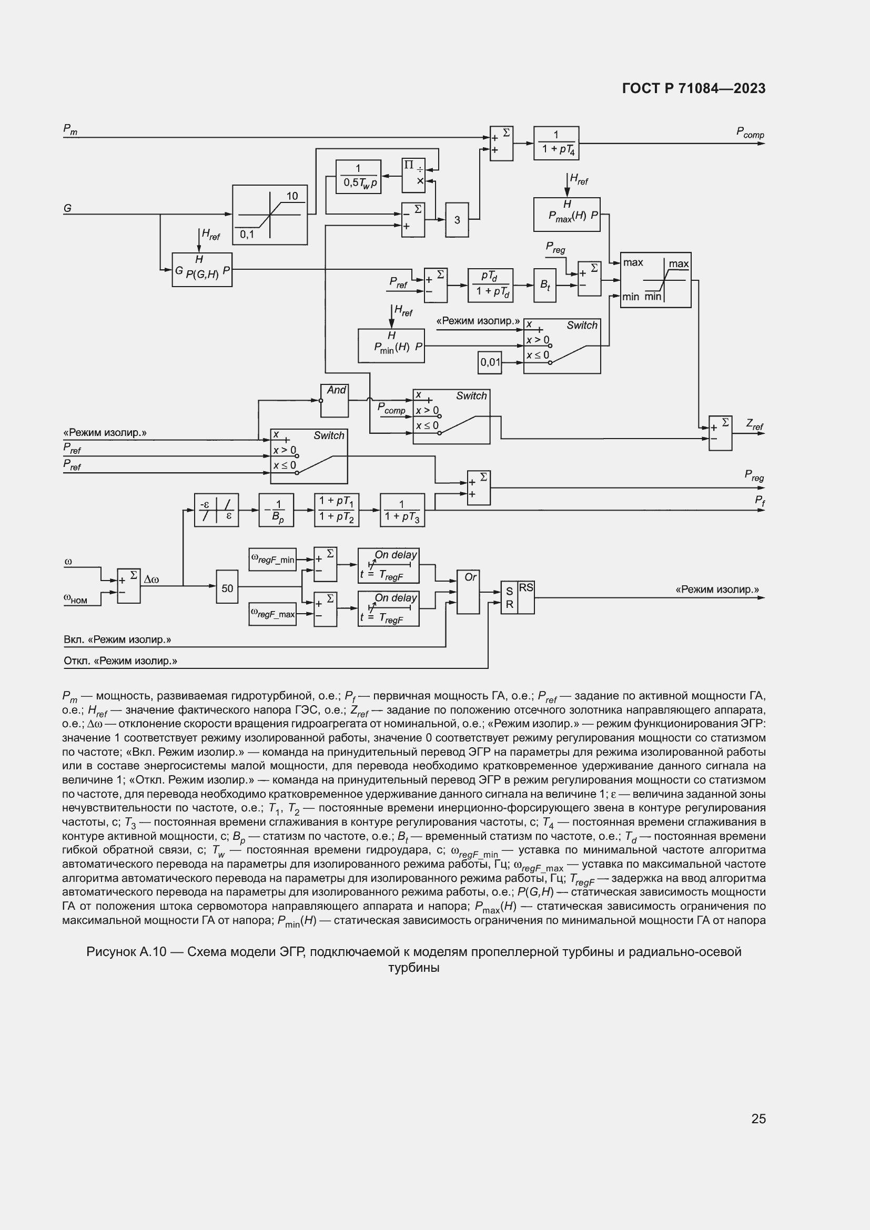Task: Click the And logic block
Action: pyautogui.click(x=335, y=401)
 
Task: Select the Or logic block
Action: pyautogui.click(x=468, y=592)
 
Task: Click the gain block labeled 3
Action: pyautogui.click(x=457, y=220)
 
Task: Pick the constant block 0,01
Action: pyautogui.click(x=490, y=362)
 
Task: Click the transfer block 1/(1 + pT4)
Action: pyautogui.click(x=556, y=143)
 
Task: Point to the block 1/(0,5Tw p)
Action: pyautogui.click(x=358, y=176)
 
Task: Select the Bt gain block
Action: pyautogui.click(x=545, y=286)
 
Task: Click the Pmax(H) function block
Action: pyautogui.click(x=566, y=214)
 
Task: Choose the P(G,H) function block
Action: pyautogui.click(x=202, y=269)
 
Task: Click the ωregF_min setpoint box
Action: pyautogui.click(x=272, y=560)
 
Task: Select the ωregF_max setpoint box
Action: pyautogui.click(x=272, y=614)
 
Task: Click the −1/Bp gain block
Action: pyautogui.click(x=277, y=510)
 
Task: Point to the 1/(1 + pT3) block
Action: pyautogui.click(x=402, y=510)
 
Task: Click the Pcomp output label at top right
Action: pyautogui.click(x=750, y=133)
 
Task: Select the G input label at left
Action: pyautogui.click(x=68, y=208)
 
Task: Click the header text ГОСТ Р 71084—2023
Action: pyautogui.click(x=694, y=89)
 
